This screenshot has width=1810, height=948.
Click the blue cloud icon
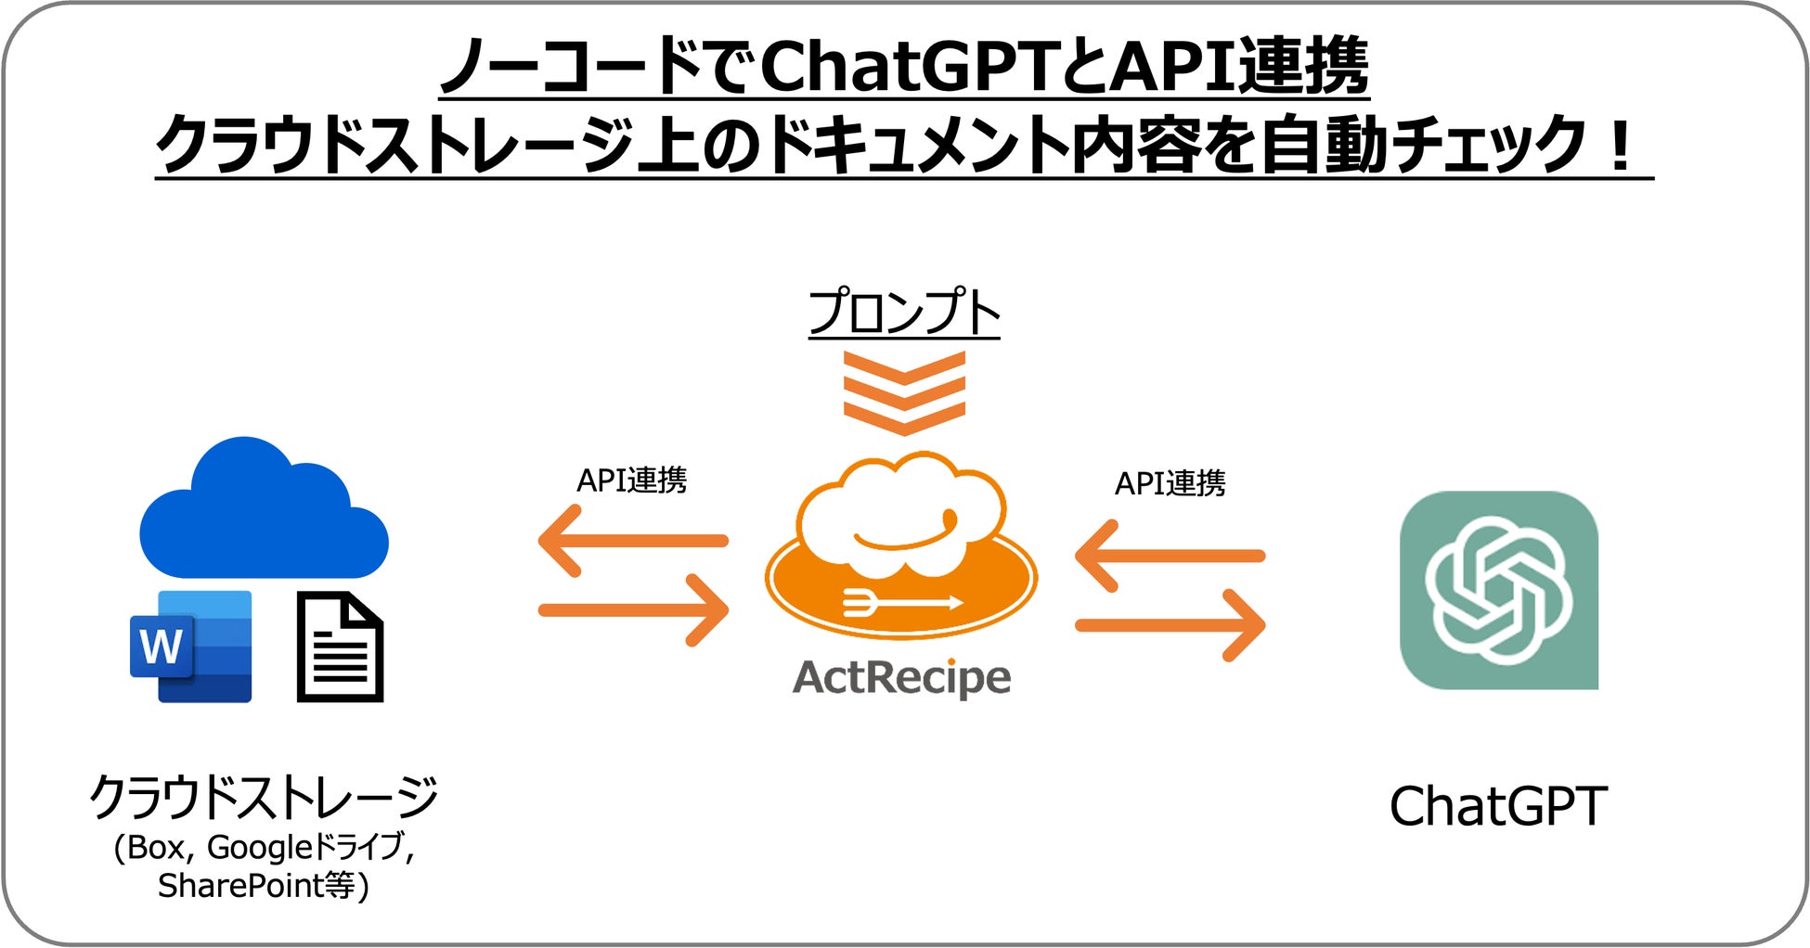coord(264,510)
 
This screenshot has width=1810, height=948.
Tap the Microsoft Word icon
coord(191,647)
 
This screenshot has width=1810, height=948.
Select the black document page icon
coord(340,647)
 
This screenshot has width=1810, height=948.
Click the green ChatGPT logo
coord(1498,590)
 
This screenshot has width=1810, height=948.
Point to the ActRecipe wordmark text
coord(901,677)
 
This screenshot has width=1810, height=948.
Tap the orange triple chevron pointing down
coord(904,392)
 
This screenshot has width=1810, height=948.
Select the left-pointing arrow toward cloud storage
coord(633,541)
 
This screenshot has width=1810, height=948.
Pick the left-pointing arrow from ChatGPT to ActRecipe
coord(1170,557)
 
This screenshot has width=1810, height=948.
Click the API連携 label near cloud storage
coord(632,480)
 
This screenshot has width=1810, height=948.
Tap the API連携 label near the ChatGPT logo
coord(1170,483)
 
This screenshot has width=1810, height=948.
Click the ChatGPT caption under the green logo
coord(1498,806)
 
